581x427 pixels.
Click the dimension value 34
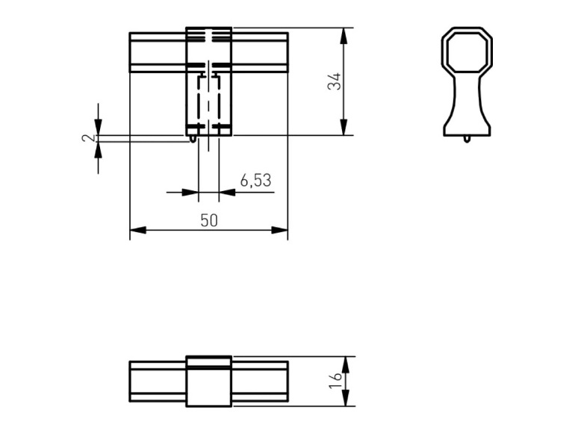[335, 81]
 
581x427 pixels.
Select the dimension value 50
[209, 221]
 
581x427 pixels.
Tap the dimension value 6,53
[255, 181]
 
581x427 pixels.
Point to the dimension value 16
[335, 381]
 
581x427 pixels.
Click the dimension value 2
[88, 139]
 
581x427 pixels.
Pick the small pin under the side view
[467, 140]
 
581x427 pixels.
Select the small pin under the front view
[193, 139]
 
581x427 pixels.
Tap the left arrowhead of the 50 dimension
[138, 230]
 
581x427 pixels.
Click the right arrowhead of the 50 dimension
[280, 230]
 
